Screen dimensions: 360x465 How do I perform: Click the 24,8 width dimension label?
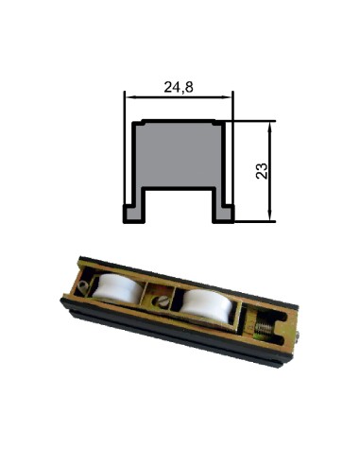point(179,87)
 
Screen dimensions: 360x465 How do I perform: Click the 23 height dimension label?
point(262,171)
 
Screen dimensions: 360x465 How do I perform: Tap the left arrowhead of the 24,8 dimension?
point(129,97)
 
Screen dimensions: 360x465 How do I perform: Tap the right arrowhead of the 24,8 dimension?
point(227,97)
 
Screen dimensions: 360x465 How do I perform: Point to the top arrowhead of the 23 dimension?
point(269,127)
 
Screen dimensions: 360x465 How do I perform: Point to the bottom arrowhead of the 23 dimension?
point(269,216)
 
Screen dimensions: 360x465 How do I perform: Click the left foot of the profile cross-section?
point(134,215)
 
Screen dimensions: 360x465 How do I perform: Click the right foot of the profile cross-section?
point(223,215)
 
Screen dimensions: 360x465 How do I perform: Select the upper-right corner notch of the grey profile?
point(219,123)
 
